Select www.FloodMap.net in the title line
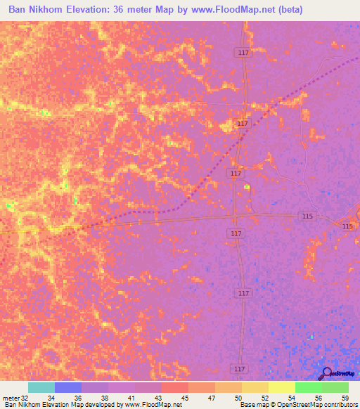point(231,10)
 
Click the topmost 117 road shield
point(240,52)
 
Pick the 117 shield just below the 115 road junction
point(236,233)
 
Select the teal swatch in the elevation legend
point(41,387)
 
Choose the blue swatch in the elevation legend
point(68,387)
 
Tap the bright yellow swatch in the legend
point(281,387)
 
